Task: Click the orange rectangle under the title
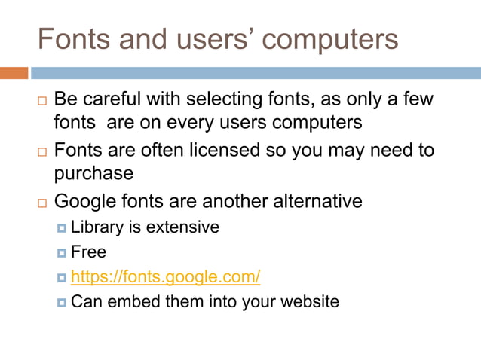coord(14,73)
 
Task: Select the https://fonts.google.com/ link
coord(166,277)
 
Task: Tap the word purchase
coord(93,175)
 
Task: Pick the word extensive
coord(183,227)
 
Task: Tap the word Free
coord(89,252)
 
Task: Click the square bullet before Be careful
coord(41,100)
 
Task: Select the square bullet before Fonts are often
coord(41,151)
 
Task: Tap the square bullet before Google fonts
coord(41,202)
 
